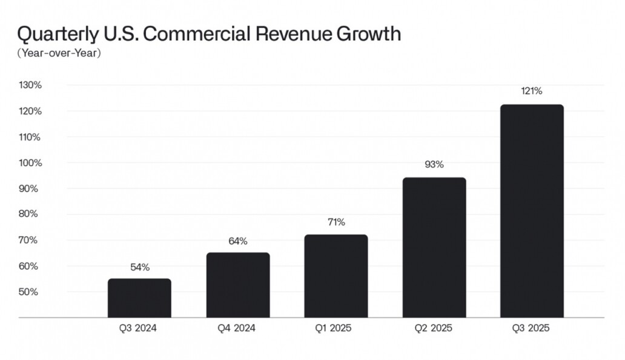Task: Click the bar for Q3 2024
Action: click(x=139, y=298)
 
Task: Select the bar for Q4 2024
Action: click(x=237, y=285)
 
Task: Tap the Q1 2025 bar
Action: click(x=336, y=276)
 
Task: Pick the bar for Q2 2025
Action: click(x=434, y=247)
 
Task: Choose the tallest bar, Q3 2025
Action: click(x=532, y=211)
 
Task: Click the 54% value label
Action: click(x=139, y=267)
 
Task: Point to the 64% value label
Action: click(x=237, y=241)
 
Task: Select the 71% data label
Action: click(x=336, y=222)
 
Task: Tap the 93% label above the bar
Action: click(x=434, y=164)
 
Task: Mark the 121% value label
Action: click(x=532, y=92)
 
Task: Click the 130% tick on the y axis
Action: click(x=30, y=85)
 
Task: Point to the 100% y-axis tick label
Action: click(x=30, y=163)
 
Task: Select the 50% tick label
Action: click(x=30, y=292)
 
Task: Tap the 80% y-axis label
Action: click(x=30, y=214)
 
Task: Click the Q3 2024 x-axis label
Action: click(x=139, y=328)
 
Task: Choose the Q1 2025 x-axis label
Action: click(x=336, y=328)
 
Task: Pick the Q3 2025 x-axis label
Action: click(x=531, y=328)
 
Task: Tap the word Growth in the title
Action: click(x=367, y=34)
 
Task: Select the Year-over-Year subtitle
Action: click(x=59, y=53)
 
